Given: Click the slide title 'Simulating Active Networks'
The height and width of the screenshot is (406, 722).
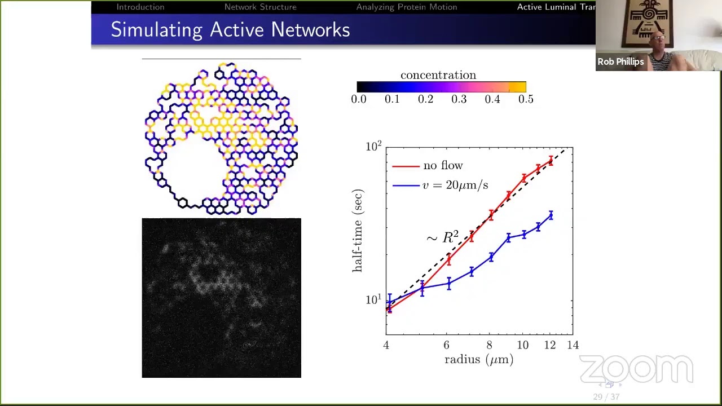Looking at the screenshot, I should click(230, 30).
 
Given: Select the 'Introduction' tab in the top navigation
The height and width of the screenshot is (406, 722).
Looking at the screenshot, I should click(140, 7).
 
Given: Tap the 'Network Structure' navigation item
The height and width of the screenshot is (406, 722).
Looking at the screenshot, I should click(260, 7).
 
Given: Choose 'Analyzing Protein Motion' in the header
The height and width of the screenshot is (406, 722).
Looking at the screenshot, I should click(406, 7).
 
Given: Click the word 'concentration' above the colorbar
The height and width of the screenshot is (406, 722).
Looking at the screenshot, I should click(438, 75).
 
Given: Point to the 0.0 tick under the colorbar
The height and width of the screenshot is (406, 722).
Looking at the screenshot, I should click(359, 99).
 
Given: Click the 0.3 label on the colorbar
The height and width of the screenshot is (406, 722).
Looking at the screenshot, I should click(459, 99).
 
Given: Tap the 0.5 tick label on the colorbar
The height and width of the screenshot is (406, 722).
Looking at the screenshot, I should click(526, 99).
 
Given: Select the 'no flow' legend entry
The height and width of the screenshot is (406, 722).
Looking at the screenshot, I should click(443, 166).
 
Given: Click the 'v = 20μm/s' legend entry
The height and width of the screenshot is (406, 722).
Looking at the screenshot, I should click(455, 185).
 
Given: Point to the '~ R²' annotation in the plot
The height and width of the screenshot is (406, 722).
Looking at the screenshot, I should click(442, 237).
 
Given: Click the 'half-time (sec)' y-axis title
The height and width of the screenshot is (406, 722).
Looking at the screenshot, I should click(358, 231).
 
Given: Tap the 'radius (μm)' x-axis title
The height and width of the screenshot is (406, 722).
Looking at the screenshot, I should click(479, 360).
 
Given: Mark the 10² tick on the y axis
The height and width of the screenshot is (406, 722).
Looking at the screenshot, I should click(373, 147).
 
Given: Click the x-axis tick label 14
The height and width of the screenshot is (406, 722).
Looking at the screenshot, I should click(573, 345).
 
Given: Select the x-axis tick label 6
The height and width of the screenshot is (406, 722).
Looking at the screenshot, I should click(446, 345).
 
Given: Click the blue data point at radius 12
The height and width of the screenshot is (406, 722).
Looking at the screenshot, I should click(551, 215).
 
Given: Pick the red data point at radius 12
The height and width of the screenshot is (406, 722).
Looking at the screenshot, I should click(551, 161).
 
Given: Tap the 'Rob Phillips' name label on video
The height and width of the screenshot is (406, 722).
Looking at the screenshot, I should click(620, 62).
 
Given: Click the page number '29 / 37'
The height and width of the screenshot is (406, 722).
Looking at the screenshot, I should click(606, 397).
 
